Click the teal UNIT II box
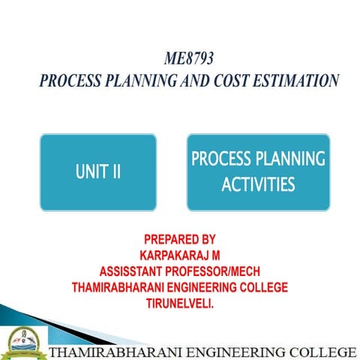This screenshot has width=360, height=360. [97, 172]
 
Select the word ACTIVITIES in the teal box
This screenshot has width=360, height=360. [257, 184]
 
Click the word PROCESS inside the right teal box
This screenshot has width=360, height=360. [223, 159]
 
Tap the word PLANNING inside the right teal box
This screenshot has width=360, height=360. [292, 159]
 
